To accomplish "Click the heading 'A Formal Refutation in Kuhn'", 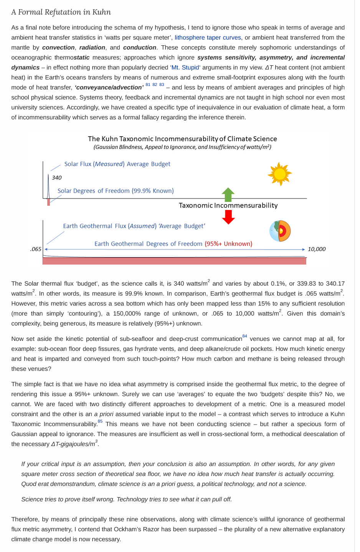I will pyautogui.click(x=61, y=12).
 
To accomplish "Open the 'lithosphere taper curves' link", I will pyautogui.click(x=208, y=38).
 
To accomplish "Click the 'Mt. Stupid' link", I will pyautogui.click(x=185, y=68).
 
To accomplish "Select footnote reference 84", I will pyautogui.click(x=245, y=336).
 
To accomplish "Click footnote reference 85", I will pyautogui.click(x=100, y=421).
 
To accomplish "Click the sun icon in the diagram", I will pyautogui.click(x=280, y=174).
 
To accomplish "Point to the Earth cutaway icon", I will pyautogui.click(x=280, y=231).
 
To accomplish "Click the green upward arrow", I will pyautogui.click(x=228, y=194).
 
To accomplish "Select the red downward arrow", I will pyautogui.click(x=228, y=217).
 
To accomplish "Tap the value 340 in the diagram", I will pyautogui.click(x=57, y=178).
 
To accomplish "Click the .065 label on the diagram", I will pyautogui.click(x=36, y=250).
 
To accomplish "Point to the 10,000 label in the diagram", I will pyautogui.click(x=317, y=250).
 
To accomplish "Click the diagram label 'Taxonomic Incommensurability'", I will pyautogui.click(x=228, y=205).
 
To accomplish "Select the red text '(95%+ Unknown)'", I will pyautogui.click(x=228, y=244).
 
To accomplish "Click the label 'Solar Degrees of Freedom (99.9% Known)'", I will pyautogui.click(x=116, y=191).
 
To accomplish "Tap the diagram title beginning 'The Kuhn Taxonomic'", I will pyautogui.click(x=182, y=139).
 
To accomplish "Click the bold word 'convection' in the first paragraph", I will pyautogui.click(x=58, y=48).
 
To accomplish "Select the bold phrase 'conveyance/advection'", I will pyautogui.click(x=109, y=88).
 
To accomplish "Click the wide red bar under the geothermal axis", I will pyautogui.click(x=174, y=261).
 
